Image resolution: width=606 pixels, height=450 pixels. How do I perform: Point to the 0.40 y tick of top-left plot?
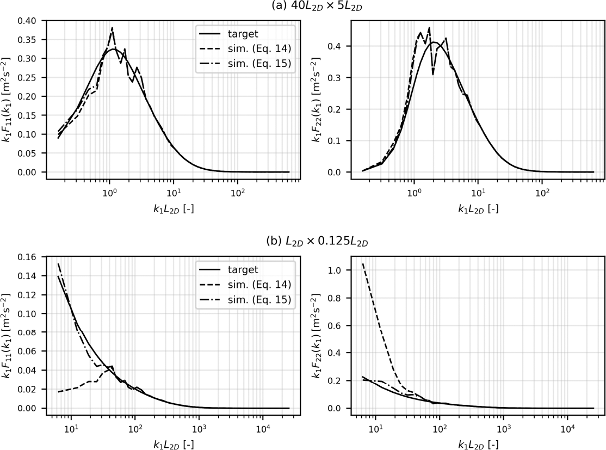point(28,21)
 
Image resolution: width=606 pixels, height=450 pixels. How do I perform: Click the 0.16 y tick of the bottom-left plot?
point(28,257)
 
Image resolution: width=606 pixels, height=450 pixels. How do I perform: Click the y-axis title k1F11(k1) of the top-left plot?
point(8,97)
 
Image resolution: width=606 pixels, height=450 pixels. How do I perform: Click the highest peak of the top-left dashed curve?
point(112,28)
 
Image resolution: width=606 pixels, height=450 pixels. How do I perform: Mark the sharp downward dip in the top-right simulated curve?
point(433,75)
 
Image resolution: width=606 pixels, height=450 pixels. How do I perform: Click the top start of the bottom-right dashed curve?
point(362,263)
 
